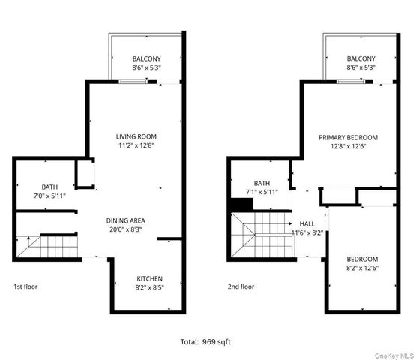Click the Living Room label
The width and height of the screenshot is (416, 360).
tap(136, 136)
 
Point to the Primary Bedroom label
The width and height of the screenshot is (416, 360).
tap(348, 138)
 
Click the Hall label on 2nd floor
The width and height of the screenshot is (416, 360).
tap(307, 223)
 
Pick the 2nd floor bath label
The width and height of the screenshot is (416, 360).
tap(262, 183)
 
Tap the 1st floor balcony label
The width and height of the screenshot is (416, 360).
tap(145, 58)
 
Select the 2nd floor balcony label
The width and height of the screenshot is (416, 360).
tap(361, 58)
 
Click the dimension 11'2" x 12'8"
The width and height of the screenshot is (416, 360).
tap(136, 146)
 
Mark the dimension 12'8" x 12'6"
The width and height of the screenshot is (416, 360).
tap(348, 147)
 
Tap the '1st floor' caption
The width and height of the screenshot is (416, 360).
tap(25, 286)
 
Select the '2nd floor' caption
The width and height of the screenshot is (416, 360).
tap(241, 286)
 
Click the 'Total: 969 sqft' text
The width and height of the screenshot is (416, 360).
tap(208, 340)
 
